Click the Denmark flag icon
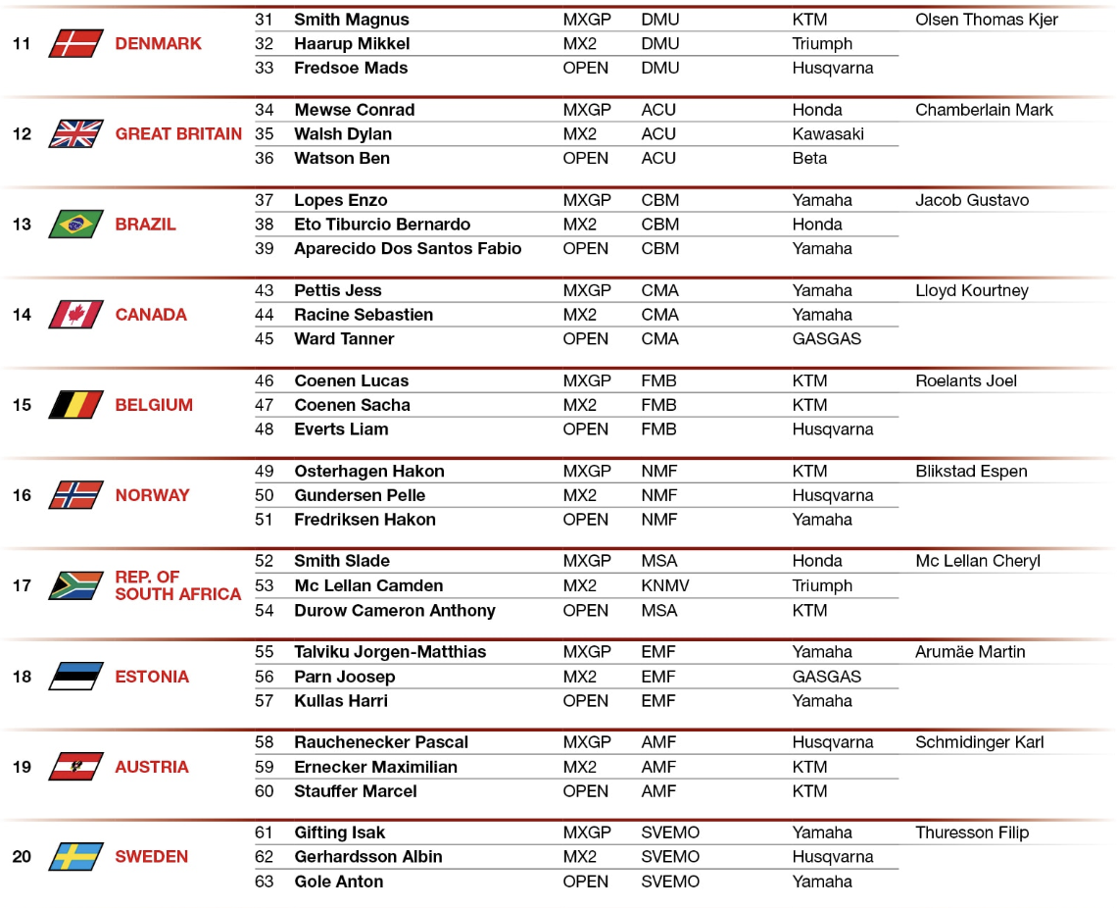[75, 43]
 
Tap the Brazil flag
[75, 225]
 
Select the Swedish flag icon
[75, 857]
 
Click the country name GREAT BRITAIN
[178, 134]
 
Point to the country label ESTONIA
[152, 677]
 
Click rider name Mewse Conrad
[354, 110]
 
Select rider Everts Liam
[341, 429]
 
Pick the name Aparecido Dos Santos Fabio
[408, 249]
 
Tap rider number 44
[265, 315]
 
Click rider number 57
[265, 701]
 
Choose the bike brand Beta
[809, 159]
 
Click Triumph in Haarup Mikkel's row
[822, 44]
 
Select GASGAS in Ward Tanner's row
[826, 339]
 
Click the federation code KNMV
[665, 586]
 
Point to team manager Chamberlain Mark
[984, 110]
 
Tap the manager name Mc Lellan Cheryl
[977, 562]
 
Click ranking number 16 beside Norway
[22, 495]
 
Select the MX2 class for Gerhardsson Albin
[579, 857]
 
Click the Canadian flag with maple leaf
[75, 315]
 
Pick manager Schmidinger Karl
[979, 742]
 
